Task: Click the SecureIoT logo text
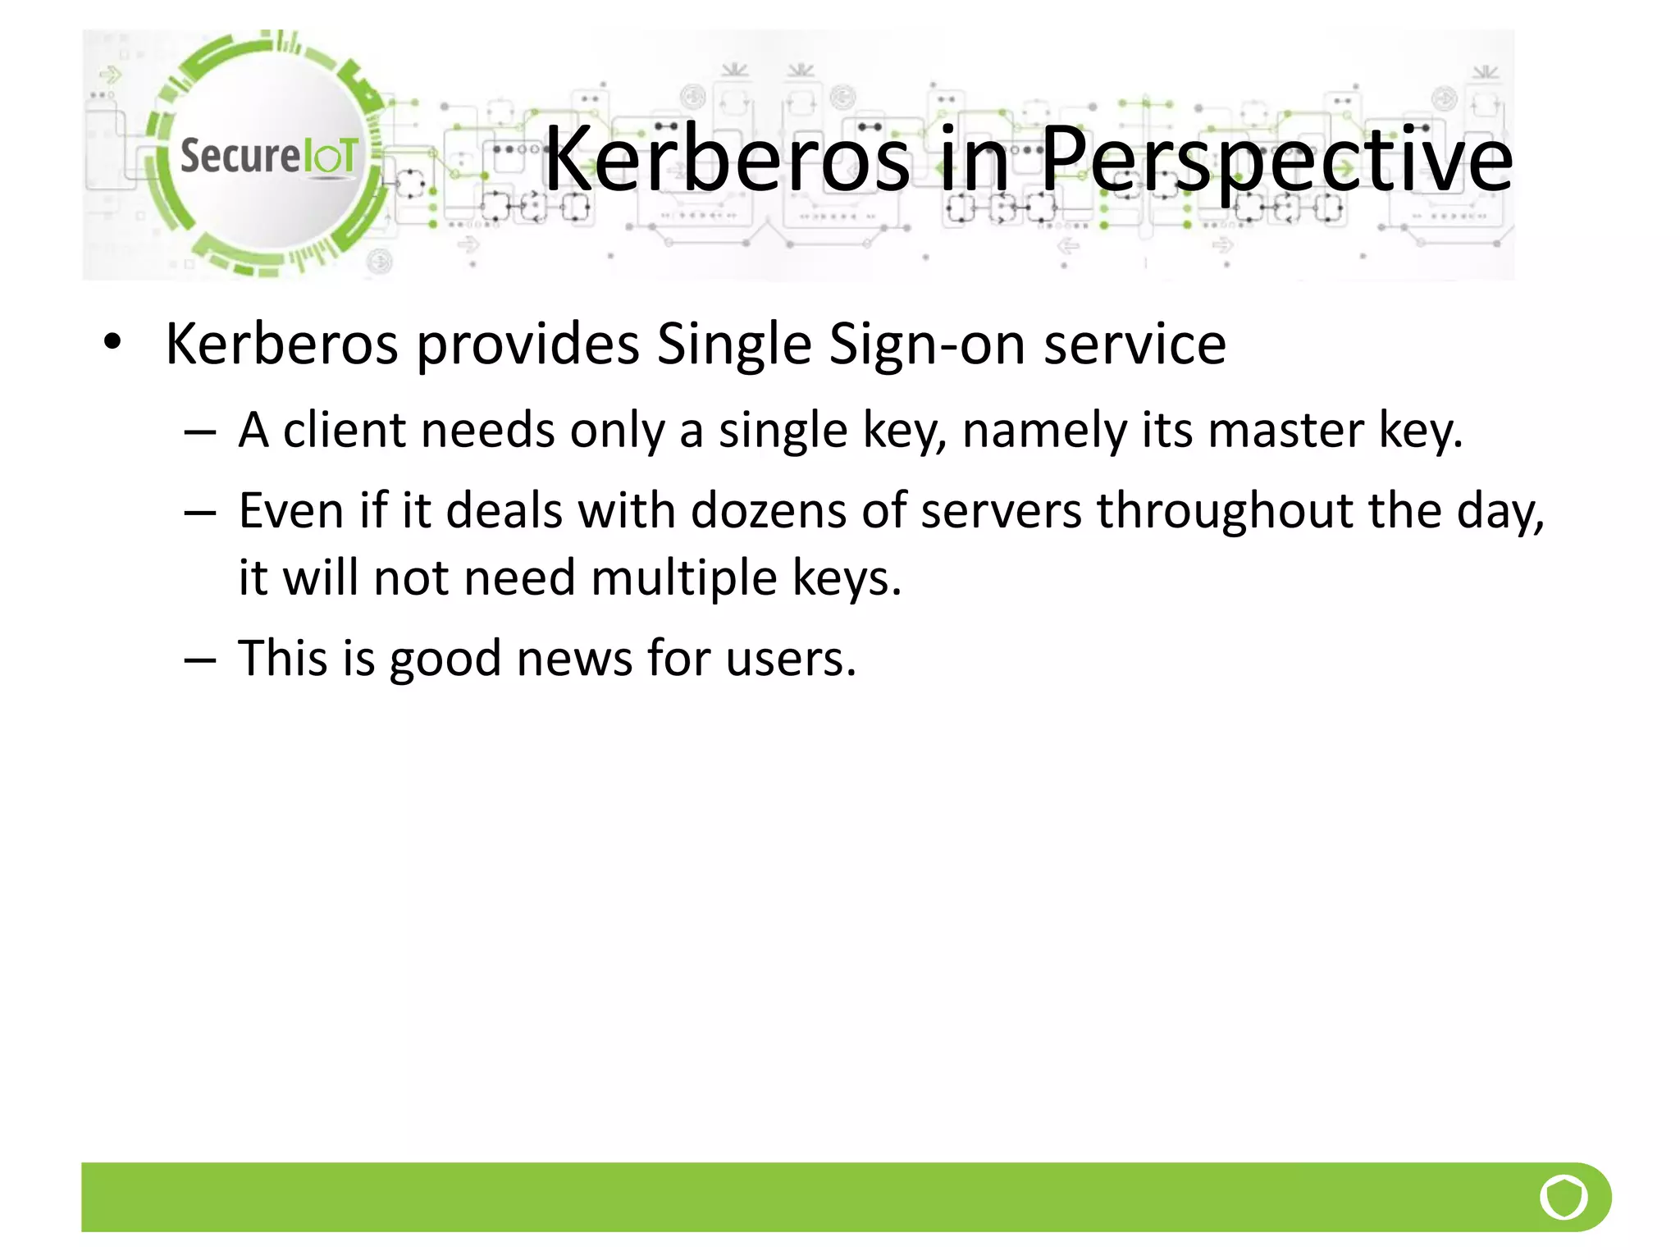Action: (268, 155)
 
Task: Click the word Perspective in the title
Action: (1276, 159)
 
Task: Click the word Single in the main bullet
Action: (734, 344)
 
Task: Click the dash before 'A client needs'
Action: (200, 431)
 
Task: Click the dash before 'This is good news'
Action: (200, 659)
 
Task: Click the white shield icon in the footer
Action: (1564, 1197)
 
